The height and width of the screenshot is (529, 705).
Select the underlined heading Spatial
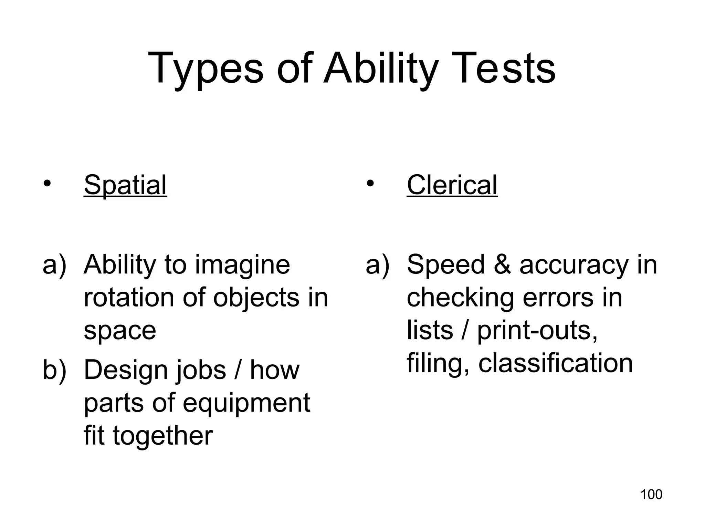coord(125,185)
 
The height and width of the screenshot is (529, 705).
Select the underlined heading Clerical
coord(452,185)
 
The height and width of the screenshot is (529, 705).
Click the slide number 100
coord(651,495)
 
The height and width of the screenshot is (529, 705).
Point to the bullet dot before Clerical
coord(370,183)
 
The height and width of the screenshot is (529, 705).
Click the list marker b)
coord(54,370)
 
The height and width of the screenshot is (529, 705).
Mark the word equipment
coord(246,403)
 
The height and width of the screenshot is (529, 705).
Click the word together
coord(163,436)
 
